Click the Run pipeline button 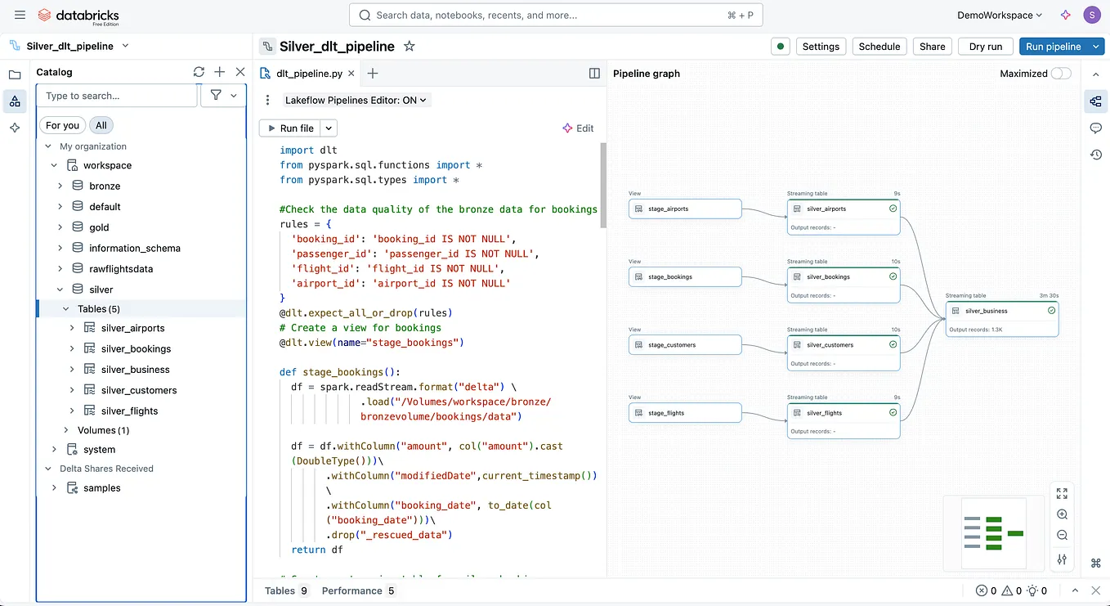1053,47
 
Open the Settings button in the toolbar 821,47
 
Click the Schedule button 879,47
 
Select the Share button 932,47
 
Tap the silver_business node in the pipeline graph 1001,312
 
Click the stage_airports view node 685,209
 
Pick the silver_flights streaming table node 843,414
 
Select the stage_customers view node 685,345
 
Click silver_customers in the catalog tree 139,390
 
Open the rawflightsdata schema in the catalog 121,269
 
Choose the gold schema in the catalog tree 99,227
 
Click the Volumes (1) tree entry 103,430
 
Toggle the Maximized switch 1060,74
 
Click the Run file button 289,128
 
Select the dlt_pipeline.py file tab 309,74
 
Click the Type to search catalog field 117,96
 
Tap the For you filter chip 62,125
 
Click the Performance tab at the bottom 351,590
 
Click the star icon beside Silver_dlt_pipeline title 410,47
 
